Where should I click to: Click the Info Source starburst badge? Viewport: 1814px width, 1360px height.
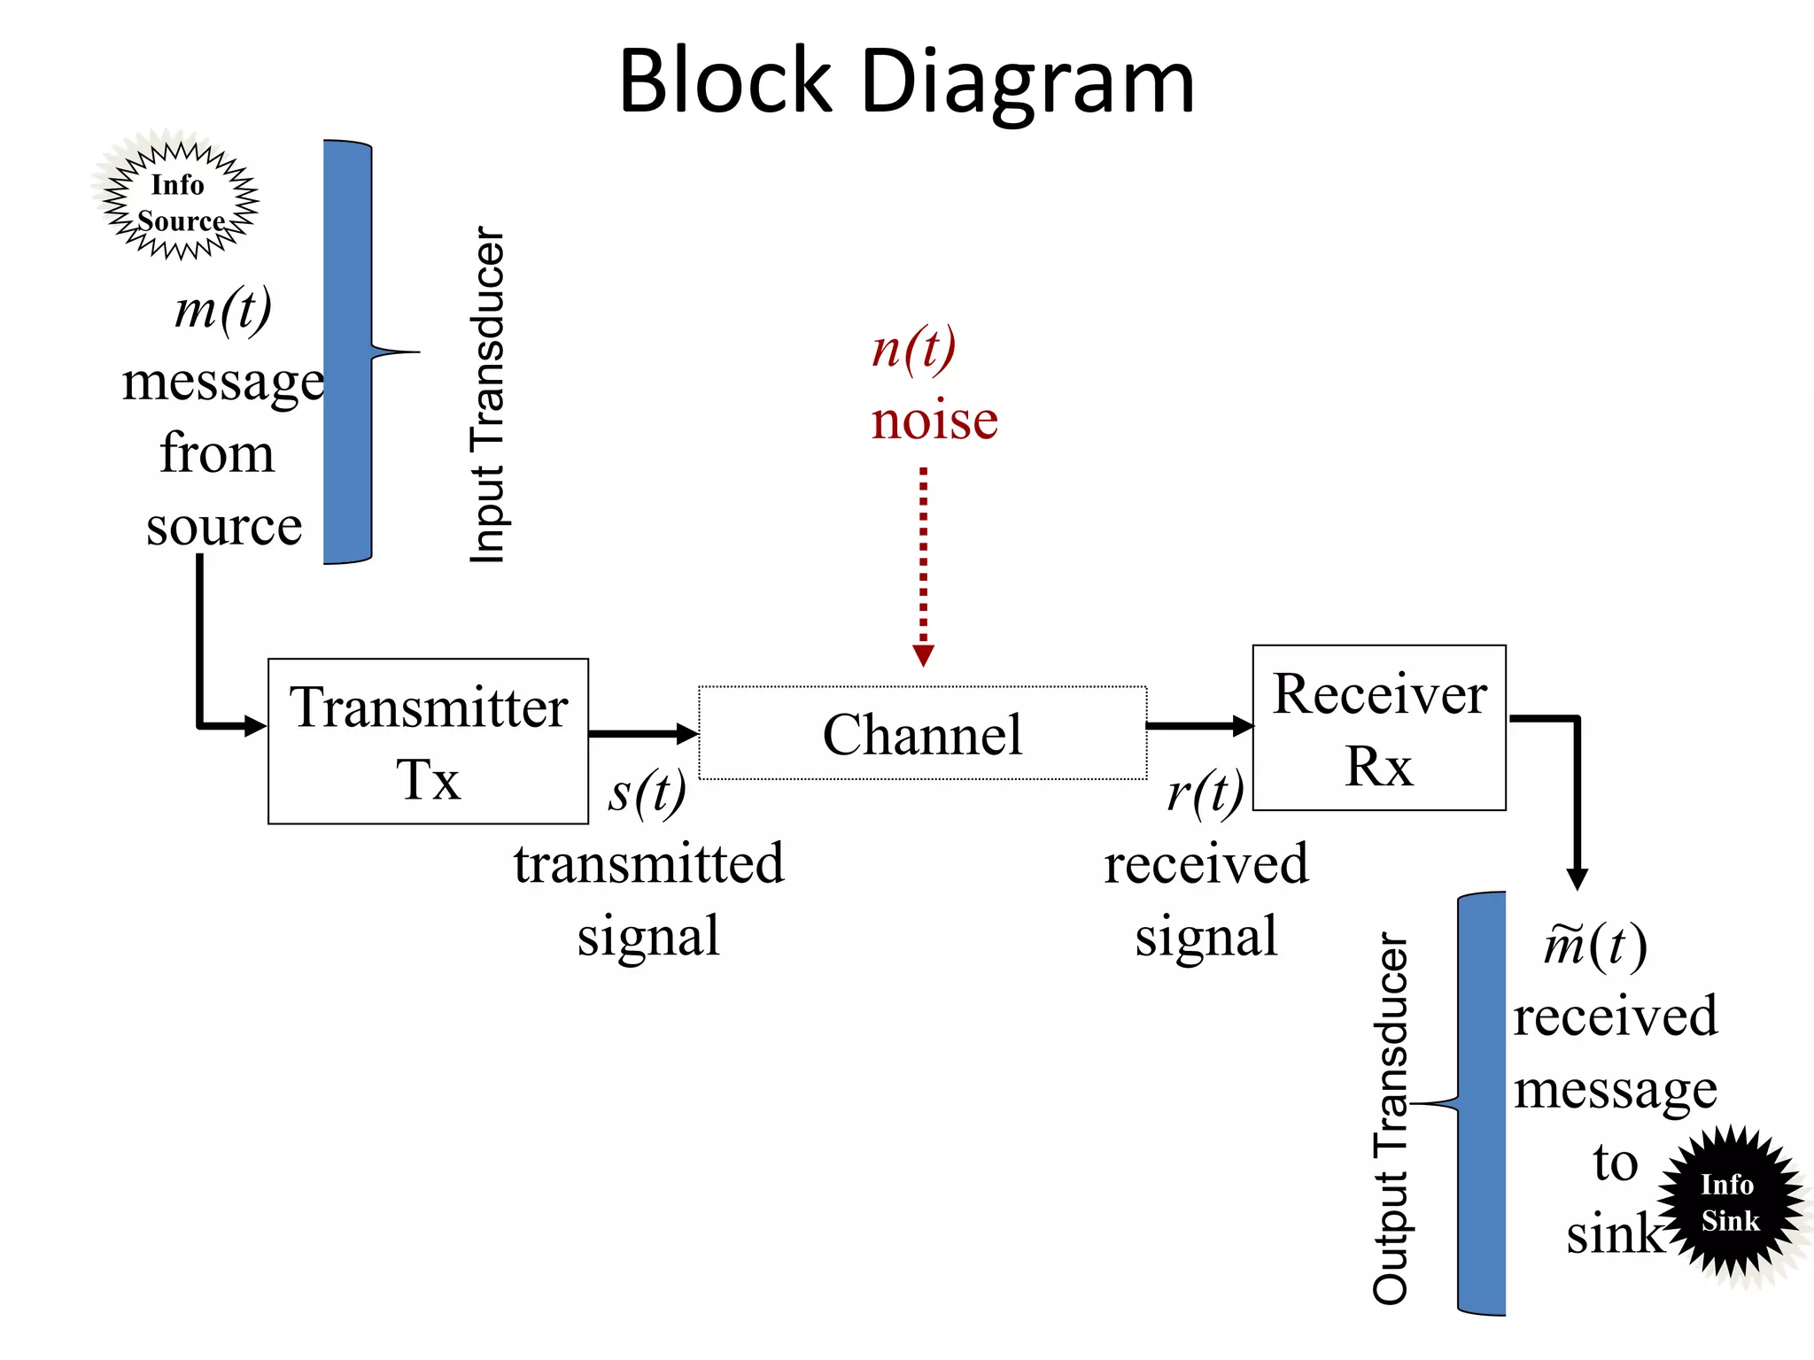pyautogui.click(x=180, y=202)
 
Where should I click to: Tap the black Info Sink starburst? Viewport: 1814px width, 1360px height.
pyautogui.click(x=1729, y=1202)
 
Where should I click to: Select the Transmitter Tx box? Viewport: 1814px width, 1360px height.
pyautogui.click(x=428, y=741)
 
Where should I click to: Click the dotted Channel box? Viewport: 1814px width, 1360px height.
pyautogui.click(x=922, y=733)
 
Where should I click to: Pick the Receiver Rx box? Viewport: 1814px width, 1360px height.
pyautogui.click(x=1378, y=728)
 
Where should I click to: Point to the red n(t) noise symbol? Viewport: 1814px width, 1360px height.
pyautogui.click(x=913, y=348)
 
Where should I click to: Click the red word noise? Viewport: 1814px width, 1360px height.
pyautogui.click(x=934, y=420)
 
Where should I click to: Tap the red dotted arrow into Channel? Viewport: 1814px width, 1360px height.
pyautogui.click(x=923, y=567)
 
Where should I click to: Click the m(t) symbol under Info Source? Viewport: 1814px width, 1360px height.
pyautogui.click(x=223, y=310)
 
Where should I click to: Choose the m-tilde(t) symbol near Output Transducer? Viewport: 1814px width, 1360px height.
pyautogui.click(x=1594, y=945)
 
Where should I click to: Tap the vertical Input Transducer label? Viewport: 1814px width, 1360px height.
pyautogui.click(x=487, y=395)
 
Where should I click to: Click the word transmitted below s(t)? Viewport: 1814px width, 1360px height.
pyautogui.click(x=648, y=863)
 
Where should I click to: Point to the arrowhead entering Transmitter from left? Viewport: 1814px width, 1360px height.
pyautogui.click(x=255, y=727)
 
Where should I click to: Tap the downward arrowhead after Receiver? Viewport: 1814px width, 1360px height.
pyautogui.click(x=1577, y=878)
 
